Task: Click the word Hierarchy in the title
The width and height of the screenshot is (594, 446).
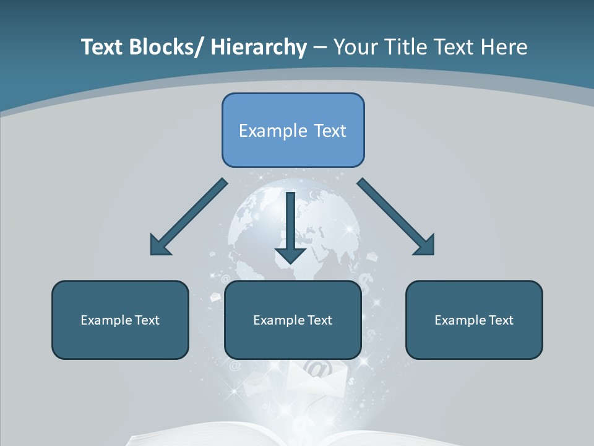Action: point(259,47)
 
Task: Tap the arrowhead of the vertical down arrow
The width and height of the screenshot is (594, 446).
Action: point(290,254)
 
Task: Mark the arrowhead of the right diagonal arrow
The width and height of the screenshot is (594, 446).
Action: point(426,247)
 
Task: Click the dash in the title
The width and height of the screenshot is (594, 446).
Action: point(320,48)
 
